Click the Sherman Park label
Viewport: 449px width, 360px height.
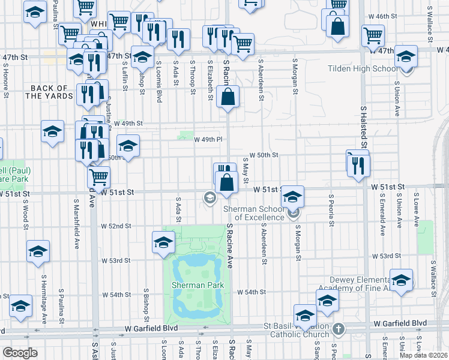197,285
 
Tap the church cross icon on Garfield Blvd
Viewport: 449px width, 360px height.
339,329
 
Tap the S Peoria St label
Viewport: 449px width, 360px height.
331,210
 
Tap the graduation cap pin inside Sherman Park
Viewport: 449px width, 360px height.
163,244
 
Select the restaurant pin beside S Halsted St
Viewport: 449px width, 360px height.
359,164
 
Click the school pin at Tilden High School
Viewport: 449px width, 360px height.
406,59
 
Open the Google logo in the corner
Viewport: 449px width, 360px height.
20,353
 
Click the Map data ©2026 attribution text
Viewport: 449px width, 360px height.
424,355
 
